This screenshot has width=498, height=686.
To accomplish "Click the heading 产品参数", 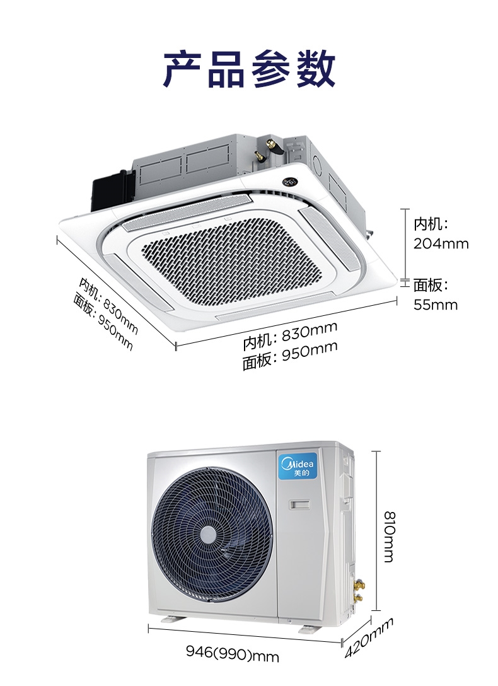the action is [x=249, y=69].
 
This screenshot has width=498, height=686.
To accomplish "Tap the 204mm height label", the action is [x=441, y=243].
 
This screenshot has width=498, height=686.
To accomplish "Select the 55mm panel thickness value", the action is [x=436, y=305].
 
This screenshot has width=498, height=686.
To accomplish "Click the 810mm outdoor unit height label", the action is [x=389, y=537].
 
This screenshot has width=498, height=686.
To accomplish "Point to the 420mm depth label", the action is [x=369, y=637].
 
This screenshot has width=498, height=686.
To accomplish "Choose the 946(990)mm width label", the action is [x=232, y=653].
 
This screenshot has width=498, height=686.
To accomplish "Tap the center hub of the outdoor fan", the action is [x=208, y=535].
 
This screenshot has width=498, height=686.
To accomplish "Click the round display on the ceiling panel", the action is [x=289, y=181].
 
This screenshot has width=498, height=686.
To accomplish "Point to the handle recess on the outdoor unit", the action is [x=300, y=505].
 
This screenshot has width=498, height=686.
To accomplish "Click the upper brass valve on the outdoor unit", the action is [x=360, y=584].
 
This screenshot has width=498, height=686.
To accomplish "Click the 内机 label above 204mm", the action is [x=431, y=224].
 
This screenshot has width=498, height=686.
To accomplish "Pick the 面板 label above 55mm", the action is [x=431, y=285].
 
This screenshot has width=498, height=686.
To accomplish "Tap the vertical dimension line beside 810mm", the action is [x=377, y=530].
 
